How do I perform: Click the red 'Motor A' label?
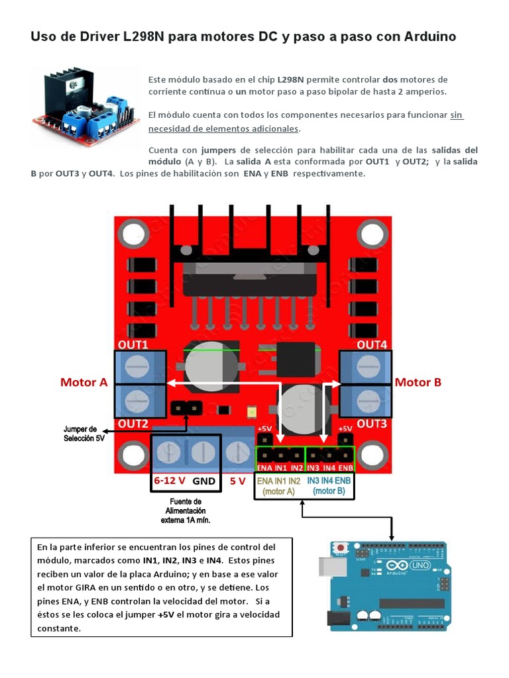(x=84, y=382)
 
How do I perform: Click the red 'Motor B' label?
(x=418, y=382)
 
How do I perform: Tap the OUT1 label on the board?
(x=133, y=345)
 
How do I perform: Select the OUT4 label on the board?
(x=372, y=345)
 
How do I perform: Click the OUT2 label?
(x=133, y=423)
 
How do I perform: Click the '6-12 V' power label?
(x=170, y=481)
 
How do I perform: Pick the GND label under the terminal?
(x=204, y=481)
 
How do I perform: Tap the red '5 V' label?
(x=238, y=481)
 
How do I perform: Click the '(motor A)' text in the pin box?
(x=278, y=491)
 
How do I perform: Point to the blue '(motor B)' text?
(x=329, y=491)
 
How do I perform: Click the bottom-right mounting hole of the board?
(x=372, y=456)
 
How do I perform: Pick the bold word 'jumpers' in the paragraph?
(x=219, y=150)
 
